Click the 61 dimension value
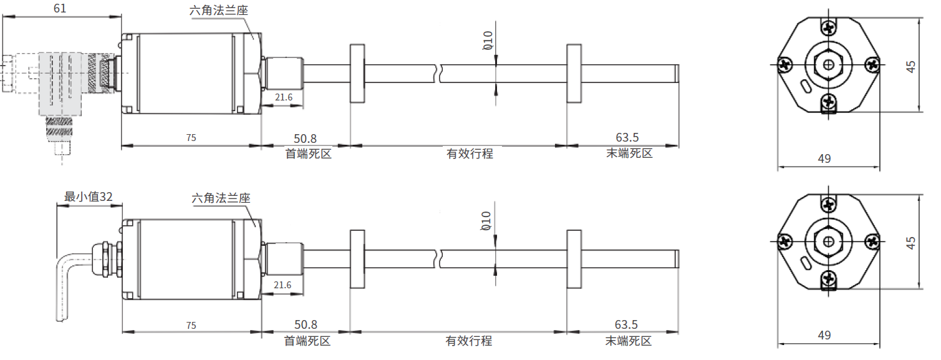pos(60,8)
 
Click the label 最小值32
pos(89,197)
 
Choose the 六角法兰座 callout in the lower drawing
pos(221,198)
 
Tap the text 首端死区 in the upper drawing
pos(308,153)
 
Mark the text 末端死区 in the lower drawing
pos(628,341)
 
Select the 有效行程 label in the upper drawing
pos(469,153)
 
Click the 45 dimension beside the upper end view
pos(912,66)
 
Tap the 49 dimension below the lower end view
pos(824,336)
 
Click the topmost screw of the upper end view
pos(828,28)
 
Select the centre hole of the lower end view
pos(828,242)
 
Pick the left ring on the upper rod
pos(357,73)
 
